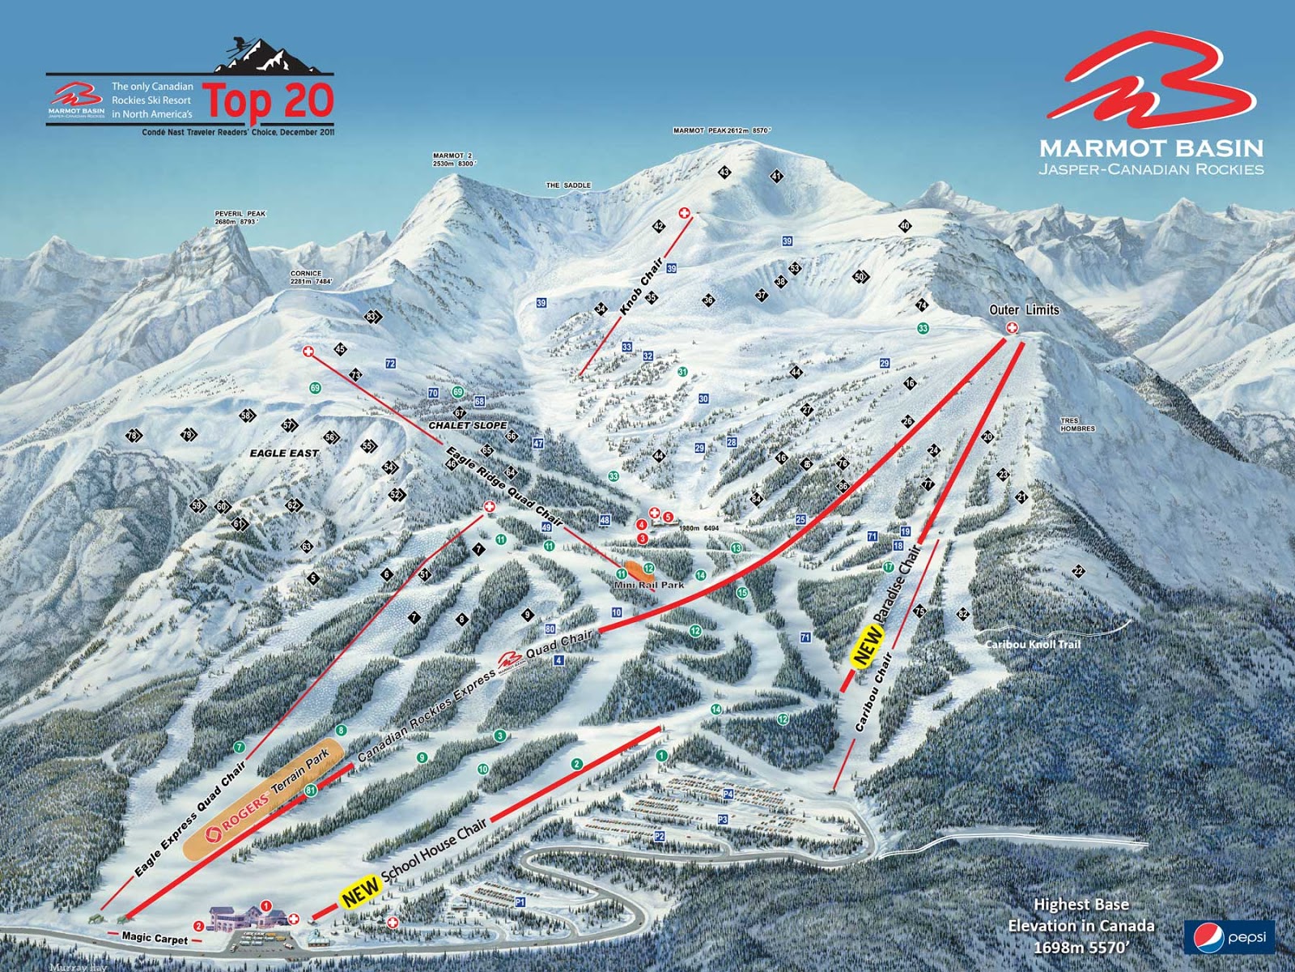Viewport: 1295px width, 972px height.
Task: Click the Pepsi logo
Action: tap(1229, 937)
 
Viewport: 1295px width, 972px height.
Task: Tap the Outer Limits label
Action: tap(1024, 309)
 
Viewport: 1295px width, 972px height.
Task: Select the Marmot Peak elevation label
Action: tap(722, 130)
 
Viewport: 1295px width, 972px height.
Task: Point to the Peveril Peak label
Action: tap(240, 218)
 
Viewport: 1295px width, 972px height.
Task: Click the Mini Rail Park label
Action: tap(648, 584)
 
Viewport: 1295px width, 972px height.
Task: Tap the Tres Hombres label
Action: tap(1077, 425)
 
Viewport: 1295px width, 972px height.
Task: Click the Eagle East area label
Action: tap(283, 453)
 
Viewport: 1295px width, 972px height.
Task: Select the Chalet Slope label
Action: tap(468, 425)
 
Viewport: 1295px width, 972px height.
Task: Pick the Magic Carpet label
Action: tap(155, 938)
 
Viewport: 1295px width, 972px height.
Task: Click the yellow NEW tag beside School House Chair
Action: tap(360, 892)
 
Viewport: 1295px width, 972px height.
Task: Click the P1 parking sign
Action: tap(520, 902)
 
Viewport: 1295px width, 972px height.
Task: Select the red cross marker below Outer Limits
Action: tap(1011, 327)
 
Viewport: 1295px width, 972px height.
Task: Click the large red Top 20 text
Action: tap(268, 100)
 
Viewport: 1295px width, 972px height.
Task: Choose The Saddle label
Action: tap(568, 185)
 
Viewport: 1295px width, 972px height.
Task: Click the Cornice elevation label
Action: tap(311, 278)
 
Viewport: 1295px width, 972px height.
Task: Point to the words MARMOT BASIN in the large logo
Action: tap(1151, 148)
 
